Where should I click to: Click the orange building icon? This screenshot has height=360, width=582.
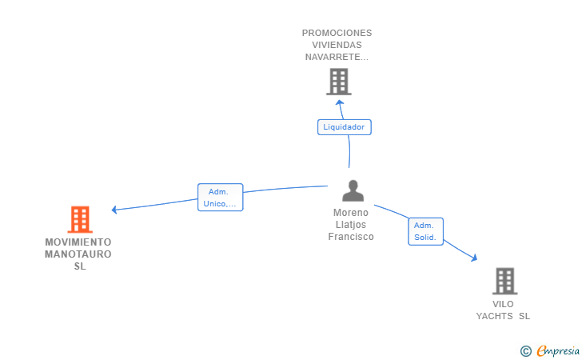pyautogui.click(x=80, y=219)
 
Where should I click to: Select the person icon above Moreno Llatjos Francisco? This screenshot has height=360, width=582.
pyautogui.click(x=353, y=190)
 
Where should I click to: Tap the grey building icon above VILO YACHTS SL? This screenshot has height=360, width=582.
pyautogui.click(x=504, y=281)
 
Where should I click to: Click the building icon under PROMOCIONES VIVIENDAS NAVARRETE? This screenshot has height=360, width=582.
pyautogui.click(x=339, y=82)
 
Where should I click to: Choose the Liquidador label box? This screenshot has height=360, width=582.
pyautogui.click(x=345, y=127)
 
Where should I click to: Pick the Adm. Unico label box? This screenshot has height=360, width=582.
pyautogui.click(x=221, y=198)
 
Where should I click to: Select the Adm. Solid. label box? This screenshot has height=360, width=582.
pyautogui.click(x=426, y=231)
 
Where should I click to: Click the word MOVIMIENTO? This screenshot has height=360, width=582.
pyautogui.click(x=78, y=242)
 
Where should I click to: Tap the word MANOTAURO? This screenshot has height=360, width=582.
pyautogui.click(x=78, y=254)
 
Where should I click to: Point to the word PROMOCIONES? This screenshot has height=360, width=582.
pyautogui.click(x=337, y=33)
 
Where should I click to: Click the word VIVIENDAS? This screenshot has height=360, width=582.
pyautogui.click(x=337, y=45)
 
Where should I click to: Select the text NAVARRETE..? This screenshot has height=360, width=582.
pyautogui.click(x=337, y=57)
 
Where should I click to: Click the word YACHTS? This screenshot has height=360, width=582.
pyautogui.click(x=494, y=316)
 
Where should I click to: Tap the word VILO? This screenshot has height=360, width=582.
pyautogui.click(x=503, y=304)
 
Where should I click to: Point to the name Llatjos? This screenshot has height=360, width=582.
pyautogui.click(x=351, y=224)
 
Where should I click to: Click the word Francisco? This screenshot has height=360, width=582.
pyautogui.click(x=351, y=237)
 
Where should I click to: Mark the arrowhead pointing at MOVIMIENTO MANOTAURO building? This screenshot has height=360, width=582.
pyautogui.click(x=114, y=210)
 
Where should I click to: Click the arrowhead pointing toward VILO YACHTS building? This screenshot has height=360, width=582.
pyautogui.click(x=473, y=258)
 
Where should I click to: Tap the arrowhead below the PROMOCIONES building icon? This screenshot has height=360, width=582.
pyautogui.click(x=339, y=102)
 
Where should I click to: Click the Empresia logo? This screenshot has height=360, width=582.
pyautogui.click(x=550, y=350)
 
